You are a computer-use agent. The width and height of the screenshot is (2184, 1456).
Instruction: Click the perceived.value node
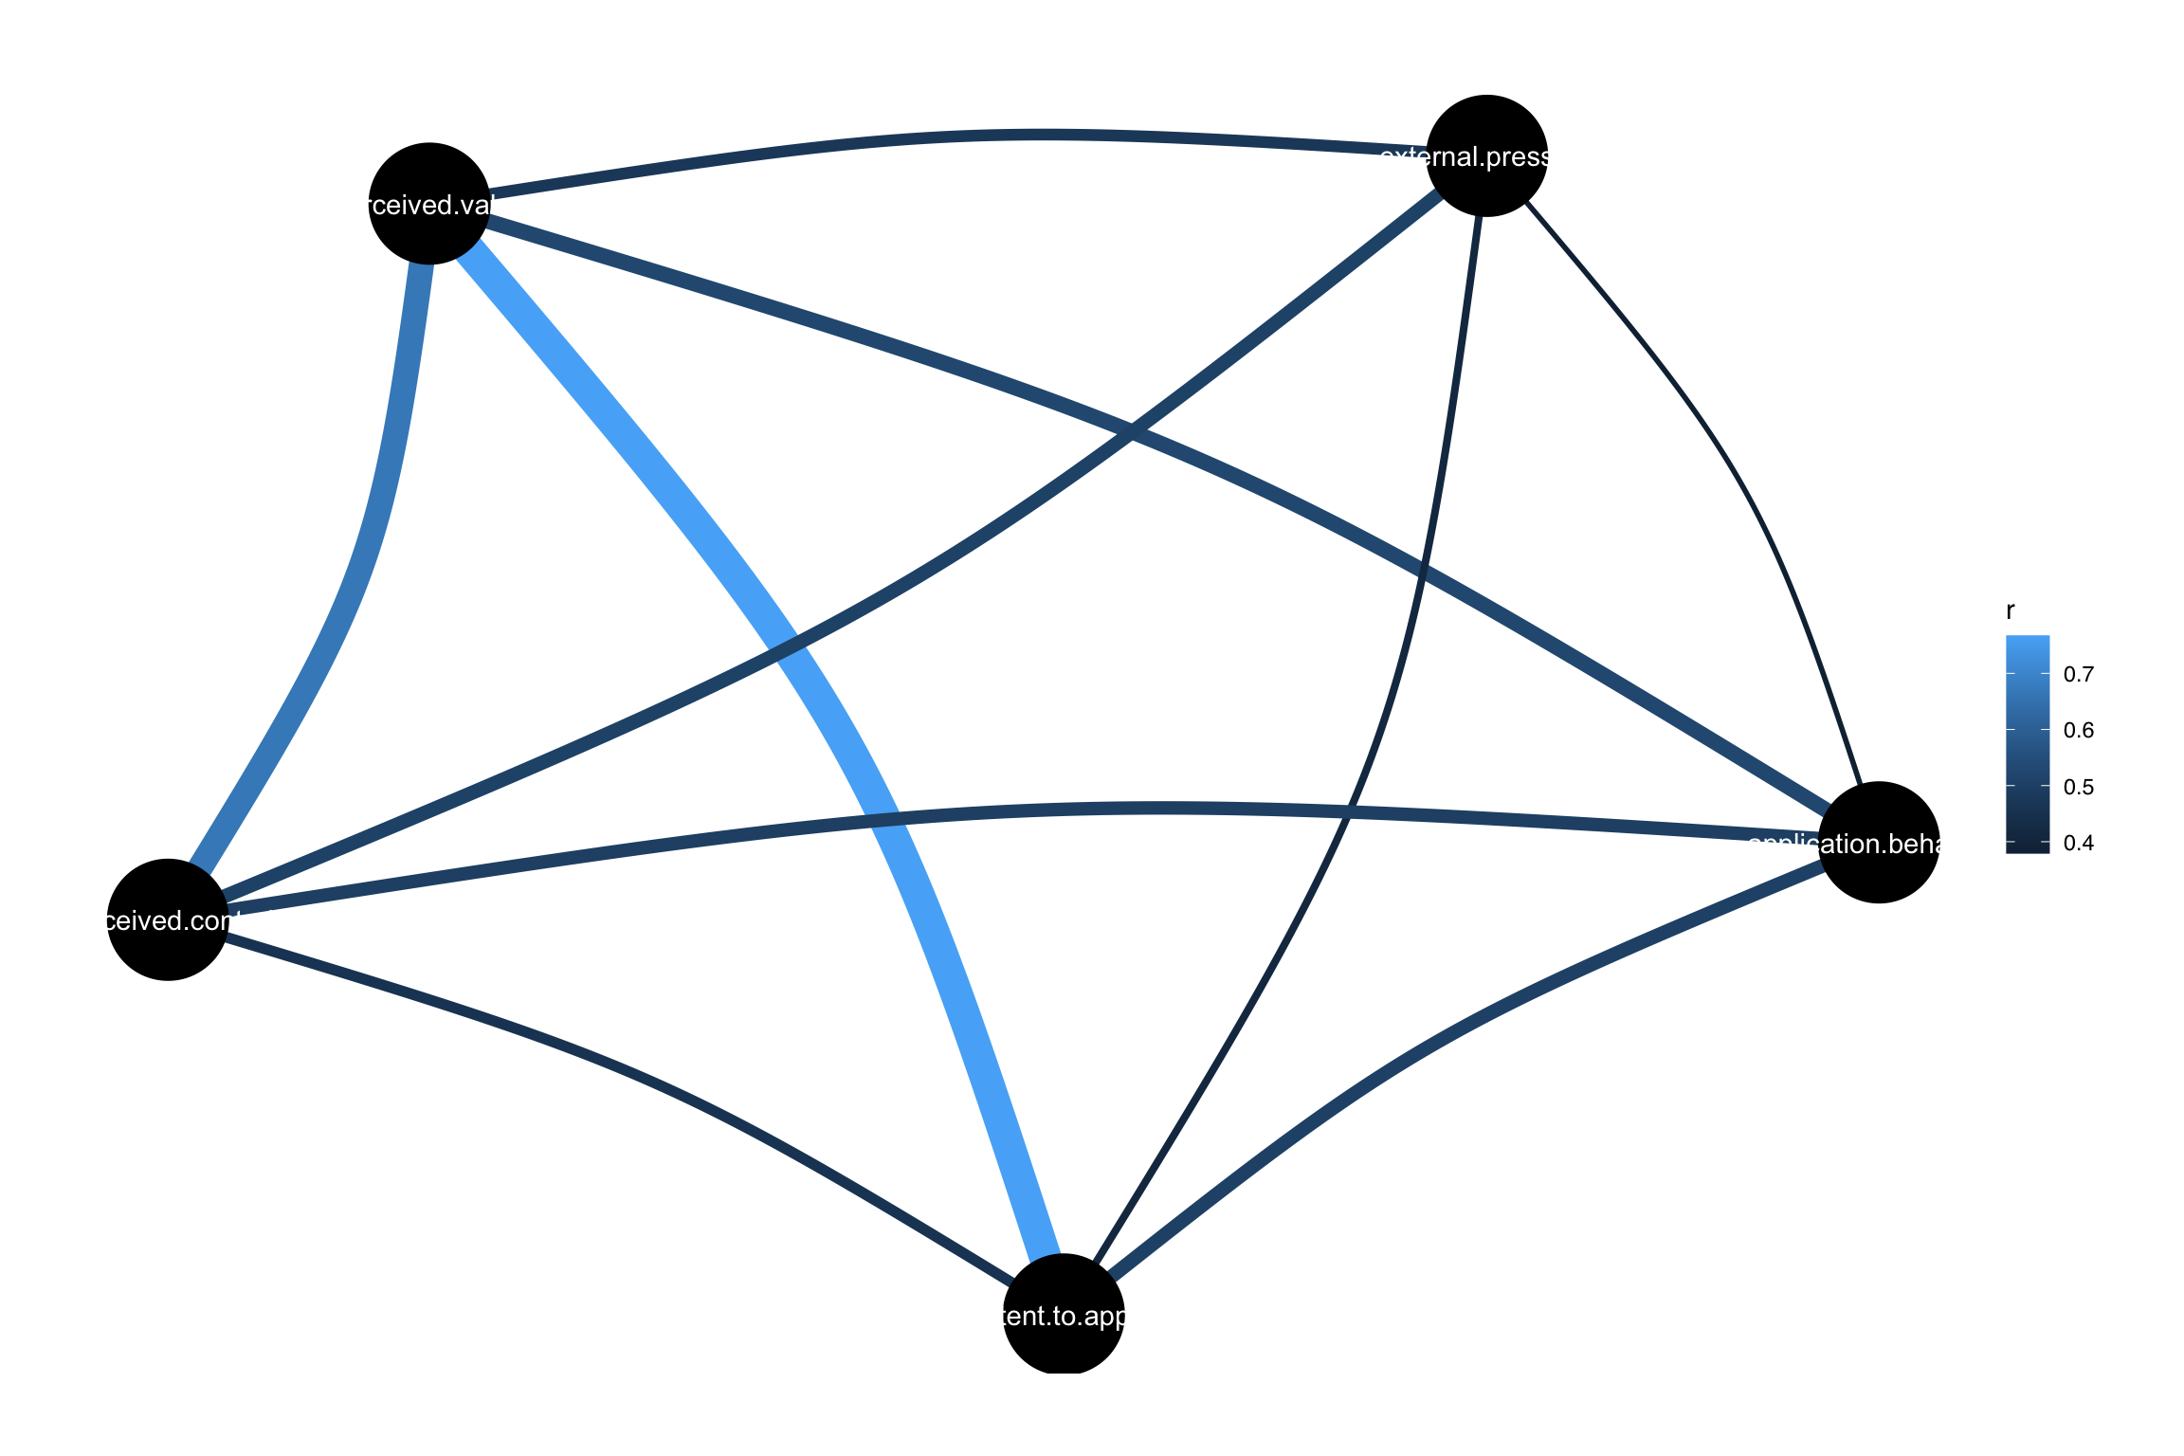[x=428, y=204]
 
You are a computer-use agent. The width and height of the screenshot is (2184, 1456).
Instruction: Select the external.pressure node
[x=1486, y=155]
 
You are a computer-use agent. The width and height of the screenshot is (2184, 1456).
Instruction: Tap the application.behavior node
[x=1878, y=843]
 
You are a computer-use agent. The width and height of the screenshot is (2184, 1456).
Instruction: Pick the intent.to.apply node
[x=1064, y=1315]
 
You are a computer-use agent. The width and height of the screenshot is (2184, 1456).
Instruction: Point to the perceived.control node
[x=168, y=919]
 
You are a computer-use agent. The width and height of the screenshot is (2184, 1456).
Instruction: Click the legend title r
[x=2011, y=612]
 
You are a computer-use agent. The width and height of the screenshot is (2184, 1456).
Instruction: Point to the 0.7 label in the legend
[x=2078, y=675]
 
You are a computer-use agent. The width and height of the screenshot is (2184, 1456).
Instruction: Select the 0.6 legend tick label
[x=2078, y=731]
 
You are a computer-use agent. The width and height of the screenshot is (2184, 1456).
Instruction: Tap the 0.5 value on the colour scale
[x=2078, y=787]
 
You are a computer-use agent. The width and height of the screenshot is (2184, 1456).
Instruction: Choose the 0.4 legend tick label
[x=2078, y=843]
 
